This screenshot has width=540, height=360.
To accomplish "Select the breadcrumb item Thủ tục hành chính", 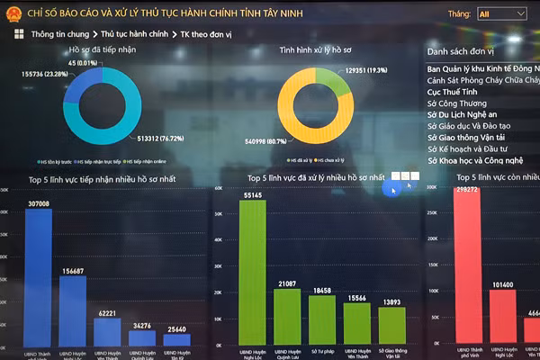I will pyautogui.click(x=134, y=33).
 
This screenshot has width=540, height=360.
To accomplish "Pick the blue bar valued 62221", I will pyautogui.click(x=107, y=329).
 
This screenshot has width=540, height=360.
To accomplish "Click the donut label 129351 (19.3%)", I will pyautogui.click(x=365, y=69).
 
